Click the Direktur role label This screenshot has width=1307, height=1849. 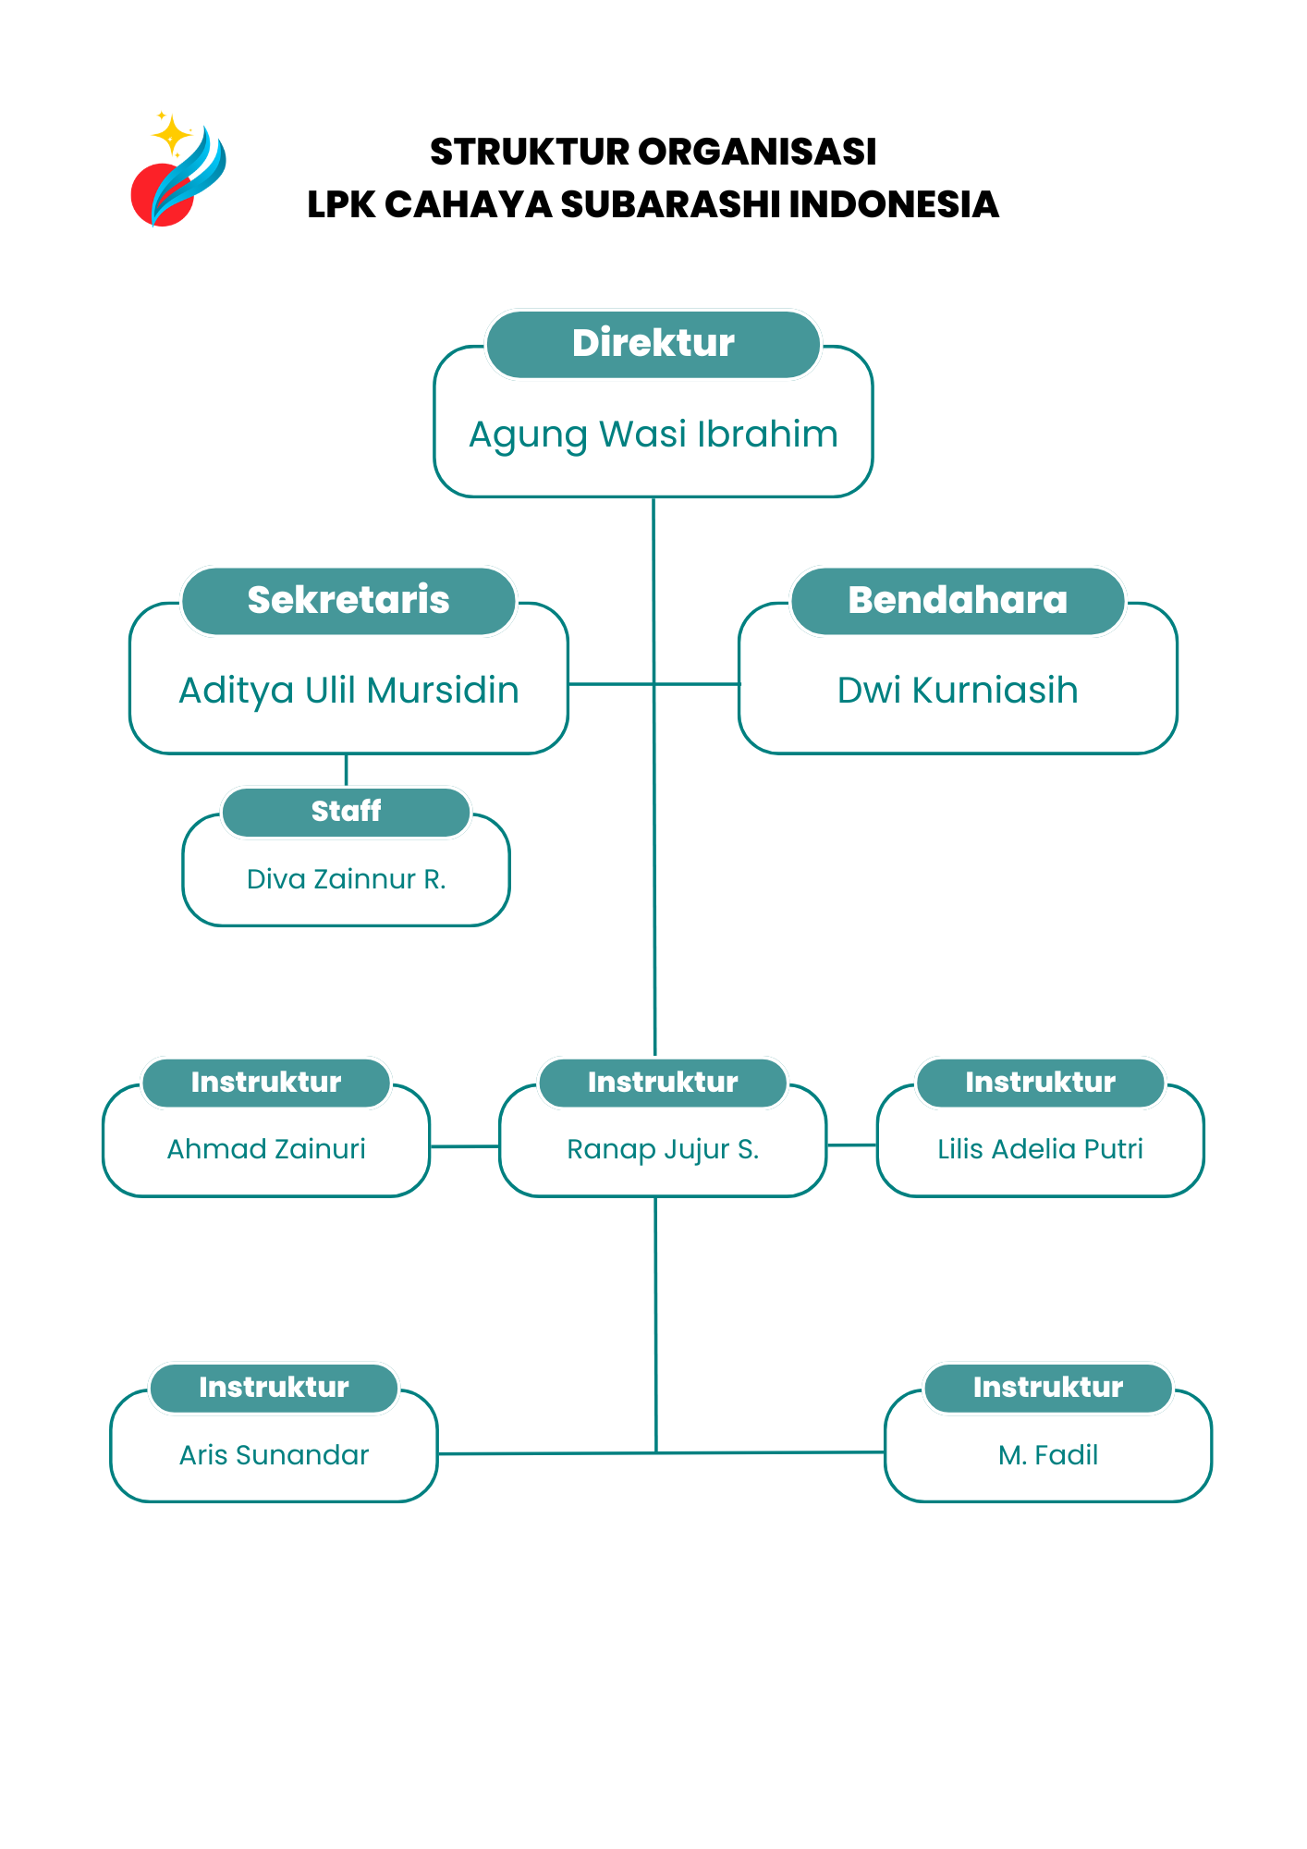653,343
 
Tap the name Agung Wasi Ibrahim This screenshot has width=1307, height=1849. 653,435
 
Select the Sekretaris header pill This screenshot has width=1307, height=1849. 348,600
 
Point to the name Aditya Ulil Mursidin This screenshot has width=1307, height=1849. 348,691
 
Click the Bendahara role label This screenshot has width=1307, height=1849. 958,600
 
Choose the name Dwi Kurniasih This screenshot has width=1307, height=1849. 958,691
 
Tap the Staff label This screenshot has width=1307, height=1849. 346,811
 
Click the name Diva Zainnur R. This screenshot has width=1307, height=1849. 346,879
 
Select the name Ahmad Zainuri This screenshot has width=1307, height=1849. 266,1149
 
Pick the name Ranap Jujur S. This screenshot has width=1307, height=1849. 663,1149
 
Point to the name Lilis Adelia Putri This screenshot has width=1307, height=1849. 1040,1149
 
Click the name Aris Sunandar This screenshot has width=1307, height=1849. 274,1455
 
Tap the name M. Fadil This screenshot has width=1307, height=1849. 1048,1455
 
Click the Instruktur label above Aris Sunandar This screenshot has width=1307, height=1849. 274,1388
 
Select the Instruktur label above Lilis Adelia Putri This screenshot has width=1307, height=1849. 1040,1083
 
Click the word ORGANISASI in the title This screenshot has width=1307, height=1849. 757,153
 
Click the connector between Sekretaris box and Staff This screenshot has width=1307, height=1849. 346,770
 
